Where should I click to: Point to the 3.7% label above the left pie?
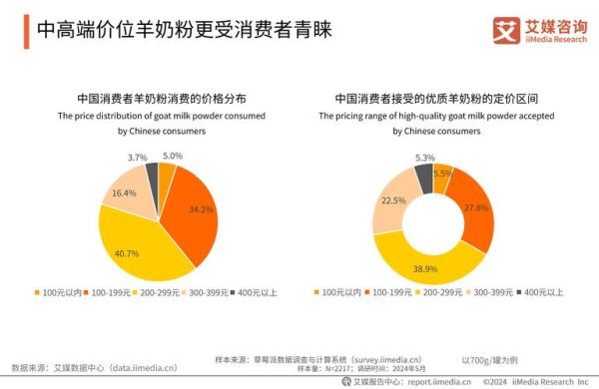[138, 158]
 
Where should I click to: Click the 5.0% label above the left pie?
[172, 156]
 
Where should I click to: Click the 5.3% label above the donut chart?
[424, 158]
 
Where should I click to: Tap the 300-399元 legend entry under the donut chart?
[495, 292]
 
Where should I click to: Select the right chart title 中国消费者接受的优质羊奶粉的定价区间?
[435, 99]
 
